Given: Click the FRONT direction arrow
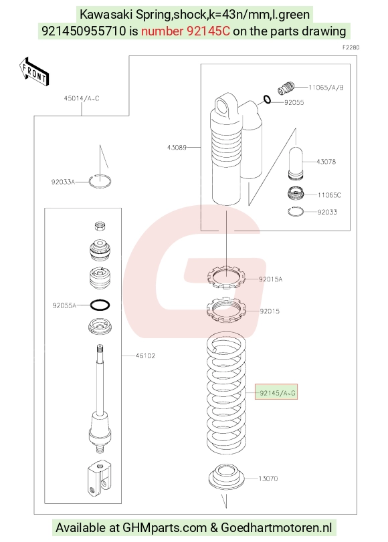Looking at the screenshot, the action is click(34, 72).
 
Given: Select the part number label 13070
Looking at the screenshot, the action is click(268, 479).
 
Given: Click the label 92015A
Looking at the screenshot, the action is click(271, 279).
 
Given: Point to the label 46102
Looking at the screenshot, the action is click(145, 356).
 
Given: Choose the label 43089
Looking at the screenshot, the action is click(177, 147).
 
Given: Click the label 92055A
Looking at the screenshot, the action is click(64, 305).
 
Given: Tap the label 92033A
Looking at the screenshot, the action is click(63, 182).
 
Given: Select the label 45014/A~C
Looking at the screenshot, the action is click(82, 98).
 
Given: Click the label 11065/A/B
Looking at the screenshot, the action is click(326, 88).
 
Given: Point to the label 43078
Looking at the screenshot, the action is click(326, 162).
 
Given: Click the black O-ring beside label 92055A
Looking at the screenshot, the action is click(100, 305).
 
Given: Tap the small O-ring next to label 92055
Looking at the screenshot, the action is click(267, 100).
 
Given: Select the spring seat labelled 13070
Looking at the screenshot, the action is click(226, 476).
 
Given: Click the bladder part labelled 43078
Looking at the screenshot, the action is click(296, 163).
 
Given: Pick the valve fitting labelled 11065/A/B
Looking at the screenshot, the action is click(286, 88).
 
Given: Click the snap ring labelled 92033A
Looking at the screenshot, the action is click(100, 182).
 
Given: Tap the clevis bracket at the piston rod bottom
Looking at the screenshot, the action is click(99, 479).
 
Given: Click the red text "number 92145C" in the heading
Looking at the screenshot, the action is click(185, 31).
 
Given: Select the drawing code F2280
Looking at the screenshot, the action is click(351, 47).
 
